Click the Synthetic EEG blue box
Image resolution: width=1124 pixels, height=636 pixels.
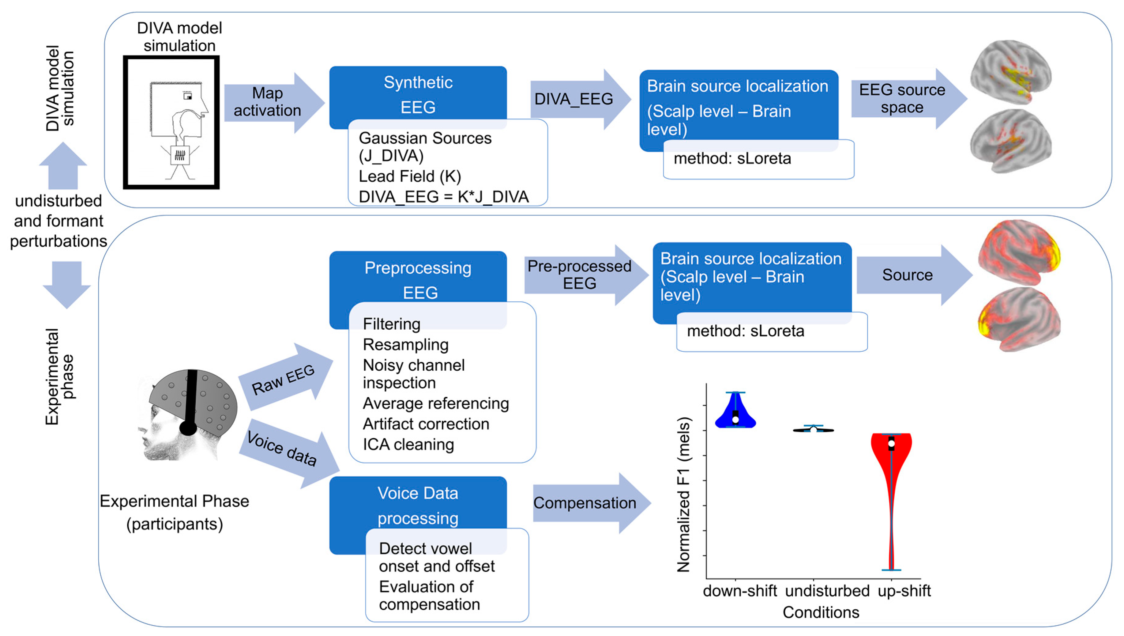418,94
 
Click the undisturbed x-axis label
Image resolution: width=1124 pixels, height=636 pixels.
827,591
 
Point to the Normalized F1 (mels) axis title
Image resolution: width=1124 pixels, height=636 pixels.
684,494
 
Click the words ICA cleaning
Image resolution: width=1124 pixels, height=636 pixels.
408,444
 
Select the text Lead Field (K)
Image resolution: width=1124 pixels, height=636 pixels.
409,176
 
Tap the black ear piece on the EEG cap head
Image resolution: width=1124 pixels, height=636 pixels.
188,427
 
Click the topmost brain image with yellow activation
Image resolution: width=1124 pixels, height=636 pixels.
1010,72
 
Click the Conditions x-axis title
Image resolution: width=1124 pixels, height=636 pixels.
821,612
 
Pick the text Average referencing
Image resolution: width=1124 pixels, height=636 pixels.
435,403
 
